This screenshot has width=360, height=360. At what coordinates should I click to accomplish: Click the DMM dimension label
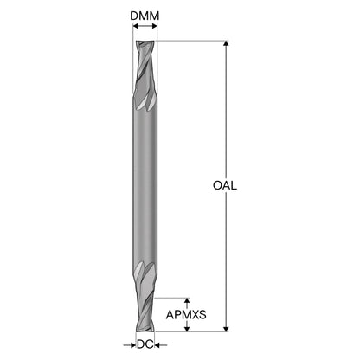click(x=145, y=16)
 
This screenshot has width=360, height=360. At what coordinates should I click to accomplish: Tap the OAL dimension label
click(x=225, y=185)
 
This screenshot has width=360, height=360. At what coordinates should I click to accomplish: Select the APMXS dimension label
click(x=186, y=315)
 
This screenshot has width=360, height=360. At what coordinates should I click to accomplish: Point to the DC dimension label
click(x=145, y=344)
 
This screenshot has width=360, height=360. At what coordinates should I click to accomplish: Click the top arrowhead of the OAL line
click(x=226, y=43)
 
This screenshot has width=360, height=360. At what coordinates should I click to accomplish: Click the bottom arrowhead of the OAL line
click(x=226, y=329)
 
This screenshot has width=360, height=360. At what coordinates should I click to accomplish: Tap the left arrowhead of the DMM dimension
click(x=136, y=26)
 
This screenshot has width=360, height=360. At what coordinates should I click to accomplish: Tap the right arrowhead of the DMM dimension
click(x=155, y=26)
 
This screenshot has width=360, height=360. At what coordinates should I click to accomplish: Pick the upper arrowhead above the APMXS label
click(x=187, y=300)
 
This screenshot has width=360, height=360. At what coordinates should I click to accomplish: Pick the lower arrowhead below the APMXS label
click(x=187, y=329)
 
